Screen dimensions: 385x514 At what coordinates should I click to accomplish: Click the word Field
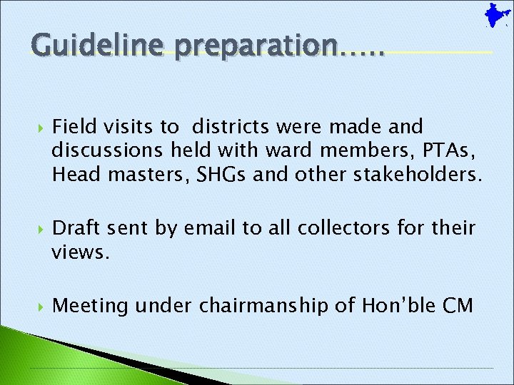[x=75, y=127]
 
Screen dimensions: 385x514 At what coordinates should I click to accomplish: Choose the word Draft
[x=76, y=228]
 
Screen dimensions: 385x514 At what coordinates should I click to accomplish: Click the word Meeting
[x=91, y=307]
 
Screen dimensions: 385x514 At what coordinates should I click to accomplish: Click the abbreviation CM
[x=458, y=306]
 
